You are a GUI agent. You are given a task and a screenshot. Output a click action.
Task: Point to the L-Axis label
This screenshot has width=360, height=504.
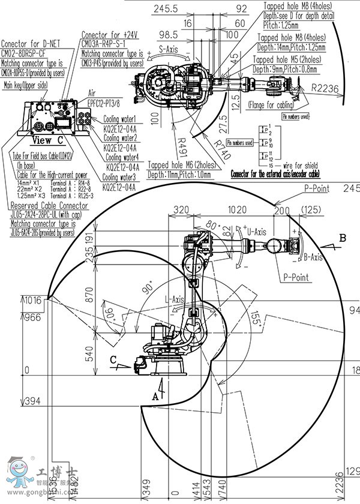174,298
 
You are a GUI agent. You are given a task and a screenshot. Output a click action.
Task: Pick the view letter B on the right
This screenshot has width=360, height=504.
343,238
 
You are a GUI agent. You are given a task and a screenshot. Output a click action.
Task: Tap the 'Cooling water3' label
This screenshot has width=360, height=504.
119,177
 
